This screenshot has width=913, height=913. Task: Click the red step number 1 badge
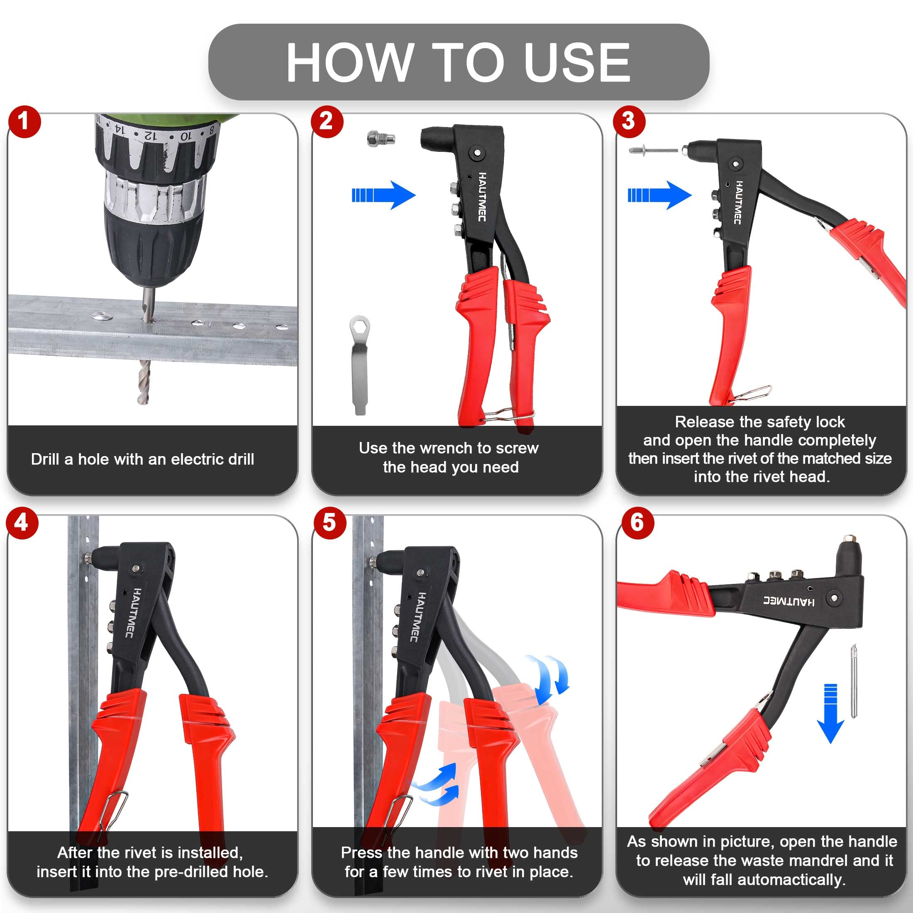click(x=24, y=122)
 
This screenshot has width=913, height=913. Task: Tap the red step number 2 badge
click(x=327, y=122)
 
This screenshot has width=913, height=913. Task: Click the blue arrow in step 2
click(x=383, y=195)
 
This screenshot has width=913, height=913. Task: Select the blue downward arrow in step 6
click(x=830, y=713)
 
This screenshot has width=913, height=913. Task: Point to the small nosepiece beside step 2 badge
click(x=381, y=139)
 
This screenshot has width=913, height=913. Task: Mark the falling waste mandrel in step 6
click(x=854, y=681)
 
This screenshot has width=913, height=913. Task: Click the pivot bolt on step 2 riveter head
click(x=477, y=153)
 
